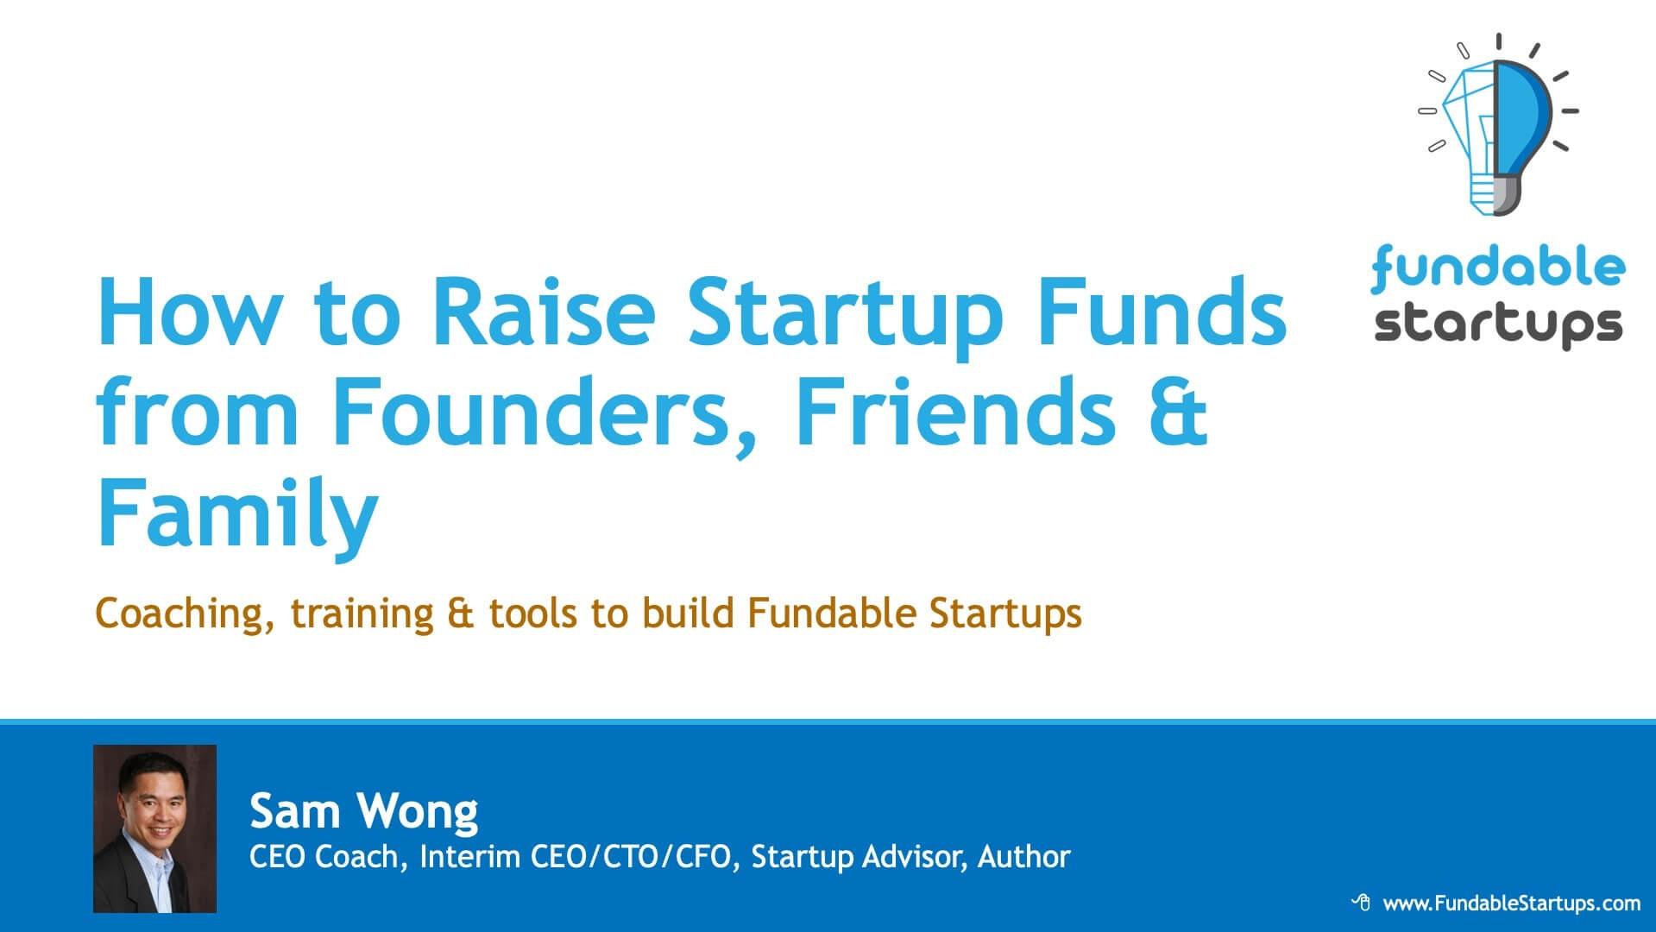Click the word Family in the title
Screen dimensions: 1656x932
[238, 513]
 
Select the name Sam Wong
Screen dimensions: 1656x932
[363, 812]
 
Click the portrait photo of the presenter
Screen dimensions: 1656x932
[154, 828]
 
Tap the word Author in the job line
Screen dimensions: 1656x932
[1023, 857]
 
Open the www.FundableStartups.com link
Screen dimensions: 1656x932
[1511, 904]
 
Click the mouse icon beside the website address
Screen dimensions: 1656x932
[1361, 903]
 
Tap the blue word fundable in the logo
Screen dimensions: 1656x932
[1498, 267]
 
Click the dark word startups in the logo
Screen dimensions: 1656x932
[1498, 325]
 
